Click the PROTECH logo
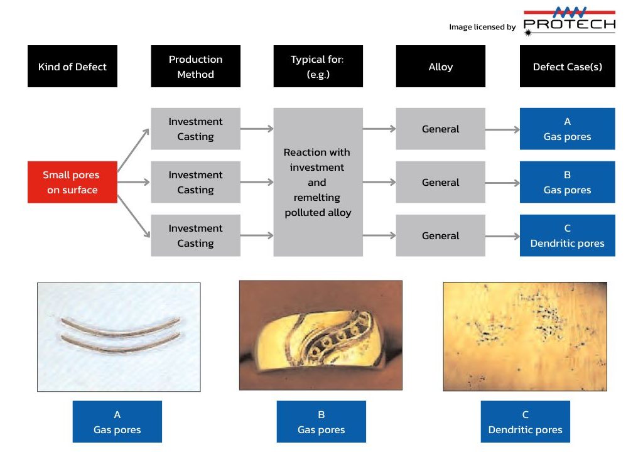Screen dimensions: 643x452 pyautogui.click(x=569, y=21)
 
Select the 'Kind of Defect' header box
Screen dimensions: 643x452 pyautogui.click(x=72, y=67)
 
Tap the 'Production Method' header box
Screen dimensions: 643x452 pyautogui.click(x=196, y=67)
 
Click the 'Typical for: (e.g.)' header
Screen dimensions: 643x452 pyautogui.click(x=318, y=67)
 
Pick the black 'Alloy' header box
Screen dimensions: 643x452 pyautogui.click(x=440, y=67)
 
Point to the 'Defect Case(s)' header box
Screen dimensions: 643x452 pyautogui.click(x=568, y=67)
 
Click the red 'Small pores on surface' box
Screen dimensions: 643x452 pyautogui.click(x=72, y=182)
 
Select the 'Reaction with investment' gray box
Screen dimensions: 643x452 pyautogui.click(x=318, y=182)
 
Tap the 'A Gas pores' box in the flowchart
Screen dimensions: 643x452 pyautogui.click(x=568, y=129)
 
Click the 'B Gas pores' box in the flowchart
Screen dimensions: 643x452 pyautogui.click(x=568, y=182)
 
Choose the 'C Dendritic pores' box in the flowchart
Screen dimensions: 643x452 pyautogui.click(x=568, y=235)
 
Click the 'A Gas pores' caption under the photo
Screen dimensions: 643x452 pyautogui.click(x=117, y=422)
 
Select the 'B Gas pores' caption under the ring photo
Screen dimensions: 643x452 pyautogui.click(x=321, y=422)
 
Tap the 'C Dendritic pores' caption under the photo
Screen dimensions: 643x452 pyautogui.click(x=526, y=422)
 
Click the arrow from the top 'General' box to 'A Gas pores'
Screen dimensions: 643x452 pyautogui.click(x=503, y=129)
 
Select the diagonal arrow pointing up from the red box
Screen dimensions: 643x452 pyautogui.click(x=133, y=150)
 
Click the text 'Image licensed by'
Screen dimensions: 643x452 pyautogui.click(x=482, y=27)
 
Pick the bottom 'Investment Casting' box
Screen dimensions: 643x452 pyautogui.click(x=196, y=235)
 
